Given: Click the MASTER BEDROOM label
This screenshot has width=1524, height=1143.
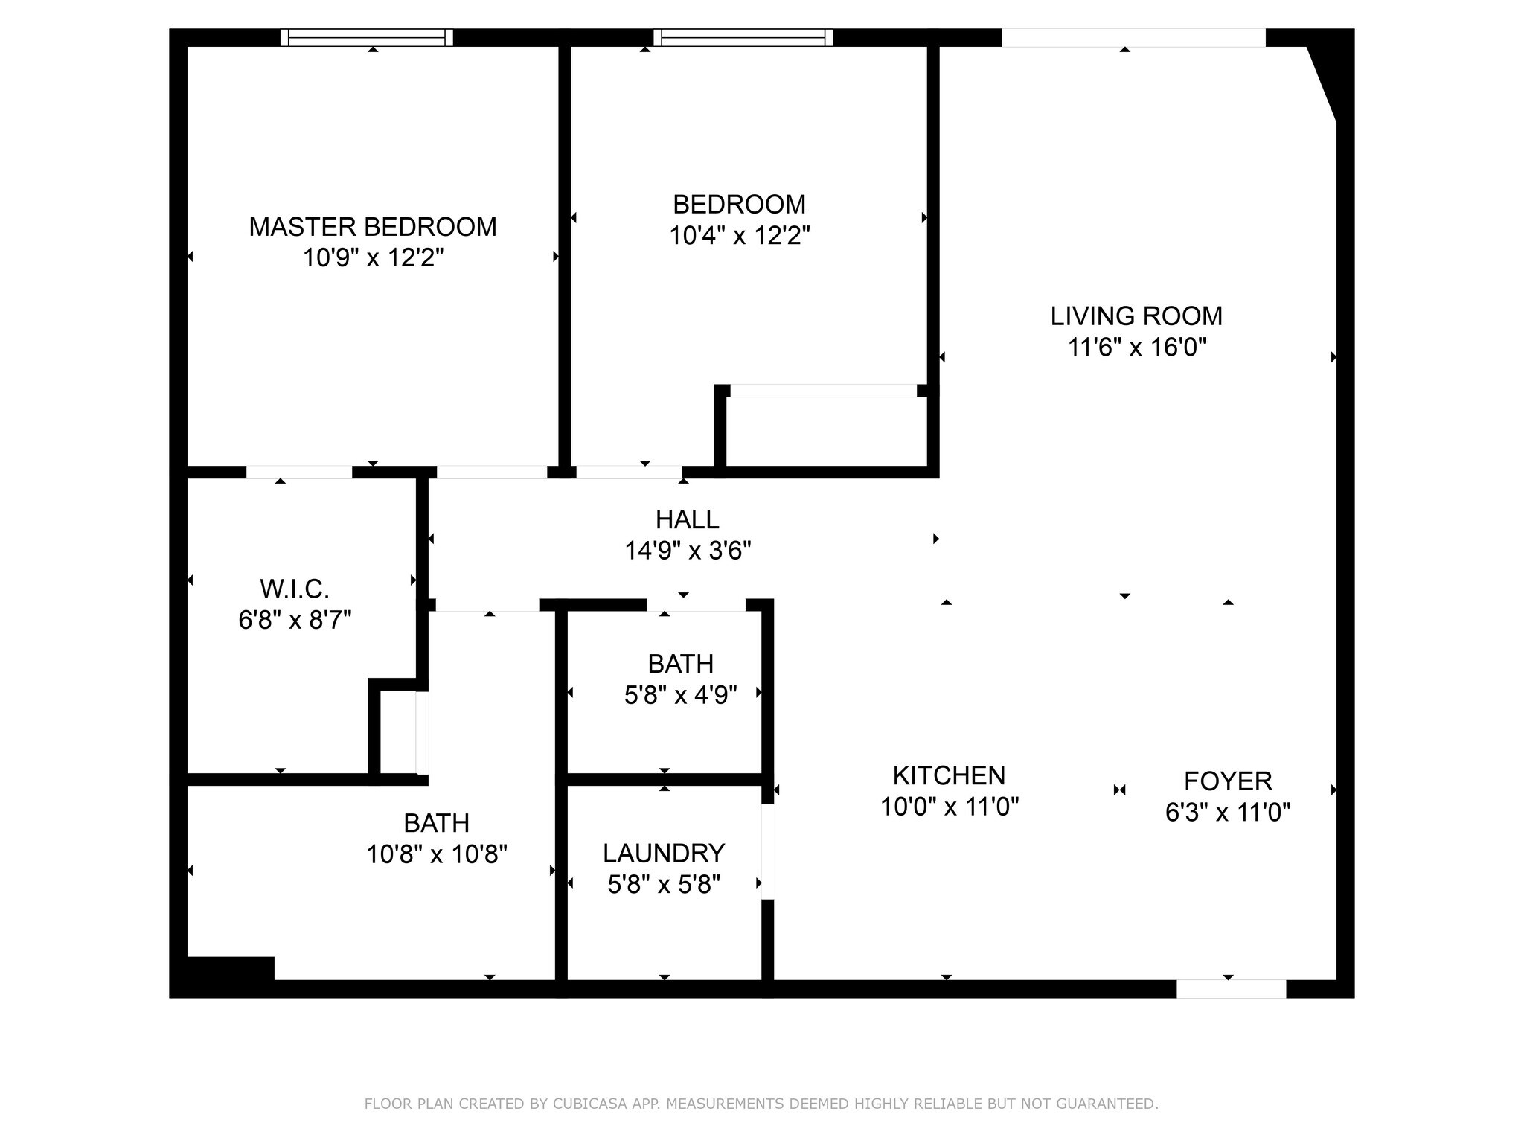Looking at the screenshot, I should click(x=373, y=227).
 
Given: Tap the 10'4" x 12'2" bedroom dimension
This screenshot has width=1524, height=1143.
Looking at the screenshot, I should click(x=739, y=236).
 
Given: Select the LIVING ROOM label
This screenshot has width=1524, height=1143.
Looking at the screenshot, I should click(x=1136, y=316).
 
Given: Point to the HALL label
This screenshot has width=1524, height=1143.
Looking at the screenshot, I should click(x=688, y=519).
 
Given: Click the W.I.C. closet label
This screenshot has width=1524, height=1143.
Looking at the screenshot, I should click(x=295, y=589).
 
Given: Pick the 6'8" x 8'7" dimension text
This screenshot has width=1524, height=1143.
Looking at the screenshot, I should click(x=295, y=620).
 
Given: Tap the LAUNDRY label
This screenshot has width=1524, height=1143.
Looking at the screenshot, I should click(x=664, y=853).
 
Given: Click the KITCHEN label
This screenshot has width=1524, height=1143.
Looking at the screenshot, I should click(x=949, y=775).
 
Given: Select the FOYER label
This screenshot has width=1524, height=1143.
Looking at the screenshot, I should click(x=1228, y=781).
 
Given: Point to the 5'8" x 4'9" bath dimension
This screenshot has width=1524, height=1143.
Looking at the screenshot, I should click(x=681, y=695).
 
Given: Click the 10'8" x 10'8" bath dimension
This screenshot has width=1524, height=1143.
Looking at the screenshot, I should click(x=437, y=854).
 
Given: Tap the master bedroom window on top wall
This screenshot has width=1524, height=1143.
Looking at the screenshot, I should click(x=367, y=37).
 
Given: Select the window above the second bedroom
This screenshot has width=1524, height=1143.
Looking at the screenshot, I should click(x=743, y=37).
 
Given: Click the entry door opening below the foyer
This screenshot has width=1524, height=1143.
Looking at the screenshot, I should click(x=1231, y=989).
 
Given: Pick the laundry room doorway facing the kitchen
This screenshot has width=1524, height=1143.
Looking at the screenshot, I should click(x=768, y=851).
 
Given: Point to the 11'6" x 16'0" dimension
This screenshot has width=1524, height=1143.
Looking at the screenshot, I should click(x=1136, y=348).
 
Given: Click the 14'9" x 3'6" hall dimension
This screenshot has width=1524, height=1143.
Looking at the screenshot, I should click(x=688, y=551).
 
